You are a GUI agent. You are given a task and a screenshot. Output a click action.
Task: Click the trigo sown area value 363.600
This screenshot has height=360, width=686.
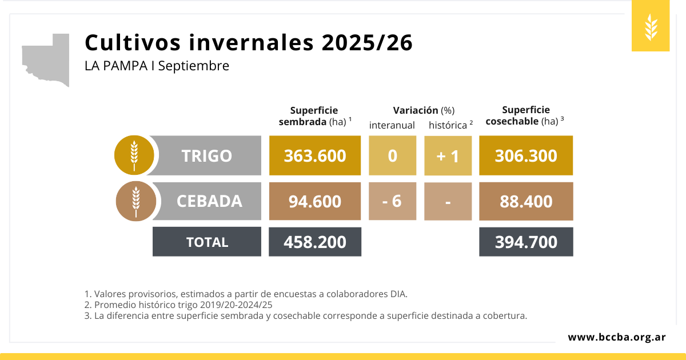pyautogui.click(x=314, y=155)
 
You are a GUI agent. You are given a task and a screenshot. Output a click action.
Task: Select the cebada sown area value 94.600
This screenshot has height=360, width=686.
pyautogui.click(x=314, y=201)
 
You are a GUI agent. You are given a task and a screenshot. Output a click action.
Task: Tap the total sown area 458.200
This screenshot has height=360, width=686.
pyautogui.click(x=315, y=242)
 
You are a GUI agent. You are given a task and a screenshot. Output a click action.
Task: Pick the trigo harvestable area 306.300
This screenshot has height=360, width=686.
pyautogui.click(x=526, y=155)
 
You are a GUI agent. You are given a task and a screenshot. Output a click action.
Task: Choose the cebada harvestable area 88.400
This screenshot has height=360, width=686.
pyautogui.click(x=526, y=201)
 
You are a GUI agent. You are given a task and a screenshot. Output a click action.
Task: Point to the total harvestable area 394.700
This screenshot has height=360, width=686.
pyautogui.click(x=526, y=242)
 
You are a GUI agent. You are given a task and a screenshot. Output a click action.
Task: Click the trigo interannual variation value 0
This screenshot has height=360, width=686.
pyautogui.click(x=392, y=155)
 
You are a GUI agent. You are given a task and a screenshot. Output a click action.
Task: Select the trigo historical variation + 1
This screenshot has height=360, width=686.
pyautogui.click(x=448, y=155)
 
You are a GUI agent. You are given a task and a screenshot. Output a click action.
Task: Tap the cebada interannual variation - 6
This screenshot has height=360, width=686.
pyautogui.click(x=392, y=201)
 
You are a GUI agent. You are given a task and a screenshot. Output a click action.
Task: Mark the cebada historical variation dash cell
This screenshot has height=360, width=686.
pyautogui.click(x=448, y=201)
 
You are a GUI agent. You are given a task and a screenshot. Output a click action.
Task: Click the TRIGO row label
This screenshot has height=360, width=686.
pyautogui.click(x=206, y=155)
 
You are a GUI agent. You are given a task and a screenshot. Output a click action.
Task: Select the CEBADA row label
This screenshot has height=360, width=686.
pyautogui.click(x=209, y=201)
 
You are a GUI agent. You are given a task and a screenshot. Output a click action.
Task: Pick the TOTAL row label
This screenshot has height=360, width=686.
pyautogui.click(x=207, y=242)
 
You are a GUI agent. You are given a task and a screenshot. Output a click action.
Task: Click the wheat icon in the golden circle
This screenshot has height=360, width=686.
pyautogui.click(x=134, y=155)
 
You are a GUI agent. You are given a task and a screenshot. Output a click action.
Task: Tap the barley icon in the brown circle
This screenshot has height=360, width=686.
pyautogui.click(x=135, y=201)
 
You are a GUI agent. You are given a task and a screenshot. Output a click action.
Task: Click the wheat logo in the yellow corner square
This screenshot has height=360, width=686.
pyautogui.click(x=651, y=27)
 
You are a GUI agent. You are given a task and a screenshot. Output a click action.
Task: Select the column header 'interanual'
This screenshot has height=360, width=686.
pyautogui.click(x=392, y=125)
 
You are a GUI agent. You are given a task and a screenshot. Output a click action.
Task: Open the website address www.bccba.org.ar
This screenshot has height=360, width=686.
pyautogui.click(x=616, y=337)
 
